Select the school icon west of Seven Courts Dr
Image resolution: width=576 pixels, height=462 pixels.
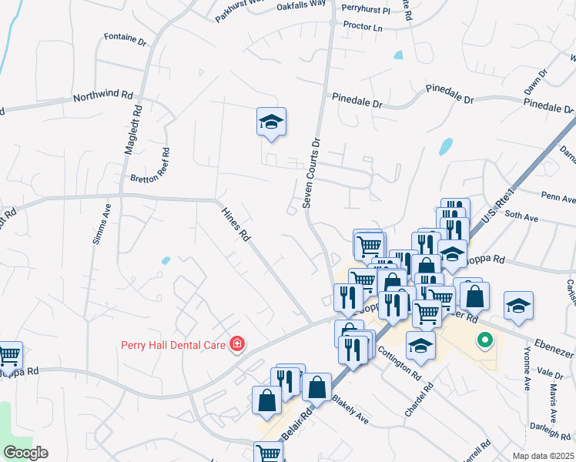pos(271,122)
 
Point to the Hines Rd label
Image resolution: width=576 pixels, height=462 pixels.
pos(236,225)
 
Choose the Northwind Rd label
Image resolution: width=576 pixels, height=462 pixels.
pos(103,97)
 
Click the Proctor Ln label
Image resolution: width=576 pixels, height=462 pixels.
pos(363,26)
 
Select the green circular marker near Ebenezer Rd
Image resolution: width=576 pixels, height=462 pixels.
pos(484,339)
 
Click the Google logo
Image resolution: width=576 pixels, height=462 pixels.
pos(25,453)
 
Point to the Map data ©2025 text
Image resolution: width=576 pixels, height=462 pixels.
pos(544,456)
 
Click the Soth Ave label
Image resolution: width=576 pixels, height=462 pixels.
pos(521,218)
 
